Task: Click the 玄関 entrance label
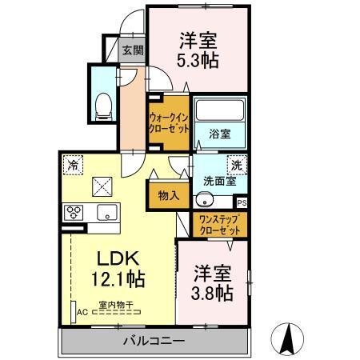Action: pos(131,50)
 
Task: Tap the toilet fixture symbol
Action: pos(102,105)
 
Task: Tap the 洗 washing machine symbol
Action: pos(237,165)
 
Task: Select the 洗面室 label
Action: pos(218,182)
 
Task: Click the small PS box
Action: pos(242,203)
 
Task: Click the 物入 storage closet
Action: pos(168,194)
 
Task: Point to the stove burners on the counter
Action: pos(75,213)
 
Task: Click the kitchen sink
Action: pos(106,213)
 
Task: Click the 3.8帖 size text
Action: pos(213,293)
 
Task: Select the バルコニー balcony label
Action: pos(154,342)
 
